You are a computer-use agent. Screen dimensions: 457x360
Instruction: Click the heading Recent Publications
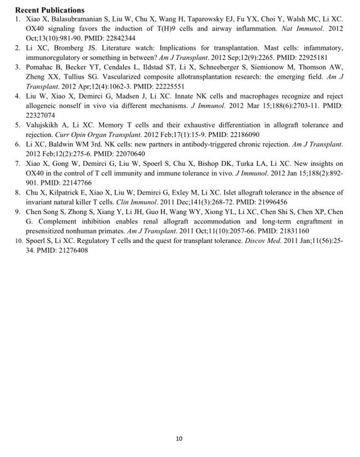coord(49,10)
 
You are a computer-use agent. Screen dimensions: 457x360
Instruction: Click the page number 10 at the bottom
coord(179,438)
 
